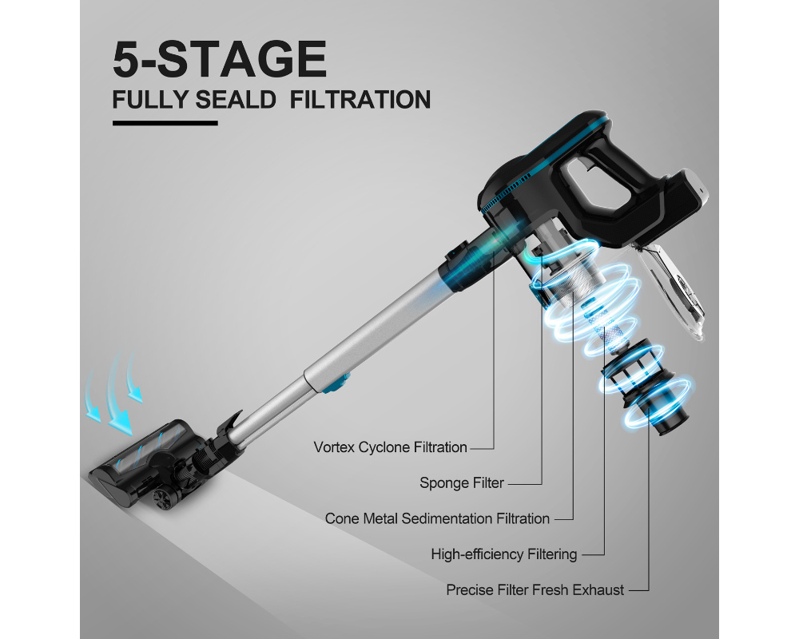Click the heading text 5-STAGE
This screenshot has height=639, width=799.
[220, 59]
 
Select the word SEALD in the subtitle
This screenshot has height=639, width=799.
[236, 99]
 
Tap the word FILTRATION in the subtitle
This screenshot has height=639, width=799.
[360, 99]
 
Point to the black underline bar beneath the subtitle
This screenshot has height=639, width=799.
[165, 123]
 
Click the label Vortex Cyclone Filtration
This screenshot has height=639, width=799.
[391, 447]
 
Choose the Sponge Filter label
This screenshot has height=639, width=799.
[462, 483]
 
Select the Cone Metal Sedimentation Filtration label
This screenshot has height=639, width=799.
[437, 518]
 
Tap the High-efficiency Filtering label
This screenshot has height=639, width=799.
[504, 554]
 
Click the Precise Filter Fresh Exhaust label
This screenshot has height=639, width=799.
[535, 590]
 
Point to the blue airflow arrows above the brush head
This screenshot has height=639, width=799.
[113, 392]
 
